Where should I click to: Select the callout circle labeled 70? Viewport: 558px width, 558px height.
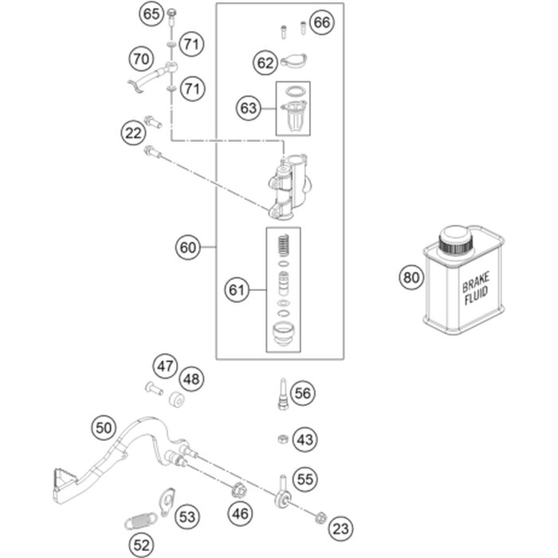pyautogui.click(x=142, y=58)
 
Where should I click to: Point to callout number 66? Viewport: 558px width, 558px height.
pyautogui.click(x=320, y=22)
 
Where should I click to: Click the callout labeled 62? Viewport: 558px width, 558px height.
pyautogui.click(x=265, y=61)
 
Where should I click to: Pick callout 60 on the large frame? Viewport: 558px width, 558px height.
pyautogui.click(x=188, y=248)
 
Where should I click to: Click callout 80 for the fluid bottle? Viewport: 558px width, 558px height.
pyautogui.click(x=411, y=278)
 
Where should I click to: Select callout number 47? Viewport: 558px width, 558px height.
pyautogui.click(x=165, y=367)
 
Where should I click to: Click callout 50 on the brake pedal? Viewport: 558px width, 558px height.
pyautogui.click(x=104, y=427)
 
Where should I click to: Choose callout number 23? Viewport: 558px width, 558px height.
pyautogui.click(x=340, y=527)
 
